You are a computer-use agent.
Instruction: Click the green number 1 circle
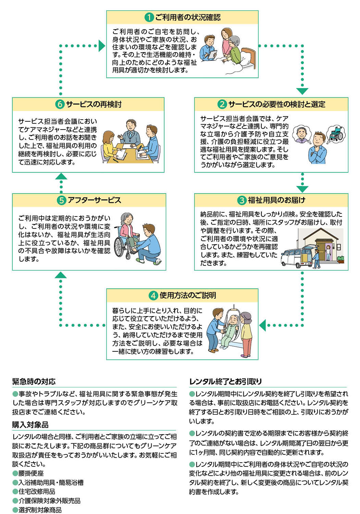click(149, 17)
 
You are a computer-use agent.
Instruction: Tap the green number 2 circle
click(222, 104)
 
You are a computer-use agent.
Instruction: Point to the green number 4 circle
click(153, 295)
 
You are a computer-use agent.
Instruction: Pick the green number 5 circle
click(61, 200)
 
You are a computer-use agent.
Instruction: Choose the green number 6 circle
click(60, 104)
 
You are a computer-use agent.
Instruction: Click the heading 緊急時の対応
click(34, 381)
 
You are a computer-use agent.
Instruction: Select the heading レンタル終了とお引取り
click(225, 381)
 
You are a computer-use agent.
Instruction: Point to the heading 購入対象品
click(30, 425)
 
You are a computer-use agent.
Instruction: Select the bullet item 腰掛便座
click(31, 473)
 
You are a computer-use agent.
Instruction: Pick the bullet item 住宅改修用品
click(37, 492)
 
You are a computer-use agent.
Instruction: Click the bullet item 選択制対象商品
click(40, 510)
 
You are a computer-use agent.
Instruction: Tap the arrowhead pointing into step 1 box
click(102, 46)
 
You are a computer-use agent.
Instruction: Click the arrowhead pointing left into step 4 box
click(263, 325)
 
